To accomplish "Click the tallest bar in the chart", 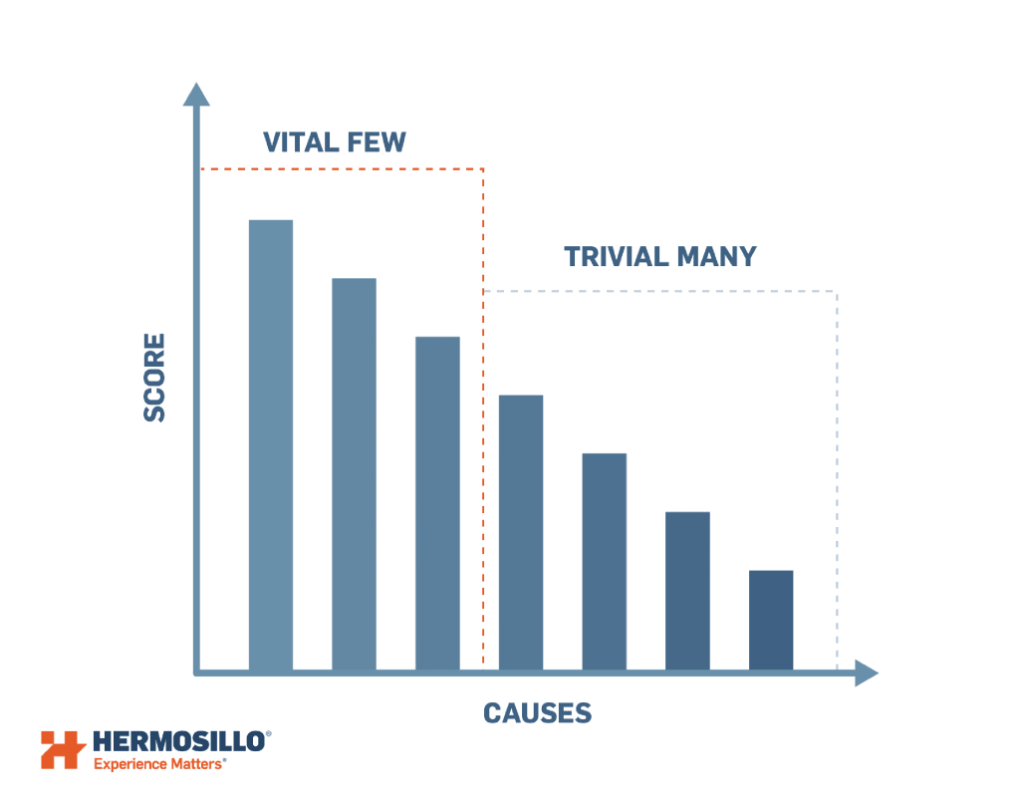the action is (x=271, y=445).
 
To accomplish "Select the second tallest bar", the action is (x=354, y=474).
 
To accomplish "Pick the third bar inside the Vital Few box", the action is (x=437, y=503).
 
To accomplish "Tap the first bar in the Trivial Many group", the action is (x=520, y=533).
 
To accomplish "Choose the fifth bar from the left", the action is (x=605, y=562).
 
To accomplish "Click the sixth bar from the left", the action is (x=687, y=592).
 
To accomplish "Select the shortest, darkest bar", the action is (x=771, y=621).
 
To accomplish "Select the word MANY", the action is (x=717, y=257).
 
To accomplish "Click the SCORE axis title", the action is (x=154, y=378).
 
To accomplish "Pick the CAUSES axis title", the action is (x=537, y=713).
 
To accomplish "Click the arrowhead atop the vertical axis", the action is (x=196, y=95).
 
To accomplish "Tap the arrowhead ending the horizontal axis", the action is (x=867, y=673).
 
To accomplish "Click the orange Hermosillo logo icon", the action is (x=63, y=749).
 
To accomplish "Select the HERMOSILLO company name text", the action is (x=179, y=741).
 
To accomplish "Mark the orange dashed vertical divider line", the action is (x=483, y=416).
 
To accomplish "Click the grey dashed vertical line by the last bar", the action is (x=837, y=480).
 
